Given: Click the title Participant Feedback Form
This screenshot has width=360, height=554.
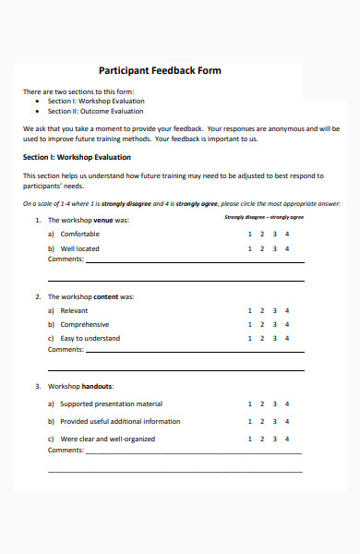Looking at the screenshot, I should (x=160, y=70).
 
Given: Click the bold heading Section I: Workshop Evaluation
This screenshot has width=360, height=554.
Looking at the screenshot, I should (x=77, y=157).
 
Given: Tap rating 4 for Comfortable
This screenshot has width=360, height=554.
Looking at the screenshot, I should (x=287, y=235).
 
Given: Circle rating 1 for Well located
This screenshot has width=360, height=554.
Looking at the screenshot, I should (x=250, y=248).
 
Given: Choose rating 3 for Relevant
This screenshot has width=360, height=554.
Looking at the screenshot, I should (x=275, y=311).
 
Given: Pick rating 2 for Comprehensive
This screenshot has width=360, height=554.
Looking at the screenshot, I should (x=262, y=325).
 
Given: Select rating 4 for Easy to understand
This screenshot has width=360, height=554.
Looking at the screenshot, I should (x=287, y=339).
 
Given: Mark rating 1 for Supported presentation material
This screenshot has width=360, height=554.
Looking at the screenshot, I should (x=250, y=403).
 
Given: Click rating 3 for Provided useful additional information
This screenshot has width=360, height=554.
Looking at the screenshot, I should (x=275, y=422).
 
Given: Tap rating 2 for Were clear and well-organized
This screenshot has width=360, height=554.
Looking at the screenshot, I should (x=262, y=440).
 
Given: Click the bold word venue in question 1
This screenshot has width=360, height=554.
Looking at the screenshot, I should (x=103, y=221).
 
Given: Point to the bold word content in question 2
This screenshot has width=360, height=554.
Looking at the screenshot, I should (x=106, y=297).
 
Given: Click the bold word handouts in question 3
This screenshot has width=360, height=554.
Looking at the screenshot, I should (x=97, y=386).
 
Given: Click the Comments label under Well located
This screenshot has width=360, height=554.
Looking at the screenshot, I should (x=66, y=259).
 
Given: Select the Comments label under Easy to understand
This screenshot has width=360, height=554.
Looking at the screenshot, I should (x=66, y=350).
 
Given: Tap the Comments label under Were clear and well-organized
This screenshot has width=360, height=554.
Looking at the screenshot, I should (x=66, y=451).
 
